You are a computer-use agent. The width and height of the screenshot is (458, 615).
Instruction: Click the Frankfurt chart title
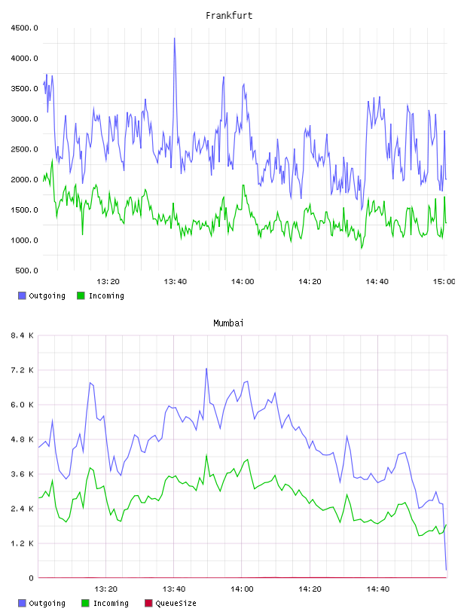click(x=229, y=16)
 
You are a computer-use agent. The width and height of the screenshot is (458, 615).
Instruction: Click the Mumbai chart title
click(x=228, y=323)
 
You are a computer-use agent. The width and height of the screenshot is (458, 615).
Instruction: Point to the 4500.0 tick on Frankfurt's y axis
click(x=24, y=28)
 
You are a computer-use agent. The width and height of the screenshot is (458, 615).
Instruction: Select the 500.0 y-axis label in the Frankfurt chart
click(x=26, y=271)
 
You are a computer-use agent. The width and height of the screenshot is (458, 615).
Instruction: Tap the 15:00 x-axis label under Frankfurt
click(x=444, y=282)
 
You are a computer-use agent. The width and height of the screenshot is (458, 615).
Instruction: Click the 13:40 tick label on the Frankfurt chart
click(x=175, y=282)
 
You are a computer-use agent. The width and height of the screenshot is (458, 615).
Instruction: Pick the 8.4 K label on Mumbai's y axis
click(x=23, y=335)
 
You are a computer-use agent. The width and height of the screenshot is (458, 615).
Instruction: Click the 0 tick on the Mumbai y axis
click(x=31, y=578)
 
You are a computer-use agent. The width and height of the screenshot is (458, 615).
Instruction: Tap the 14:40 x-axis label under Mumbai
click(x=377, y=589)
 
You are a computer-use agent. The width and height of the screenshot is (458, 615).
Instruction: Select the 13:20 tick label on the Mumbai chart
click(x=106, y=589)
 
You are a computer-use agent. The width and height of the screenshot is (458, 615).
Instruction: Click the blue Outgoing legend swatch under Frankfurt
click(x=22, y=295)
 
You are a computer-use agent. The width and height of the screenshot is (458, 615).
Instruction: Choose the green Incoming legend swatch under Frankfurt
click(x=81, y=295)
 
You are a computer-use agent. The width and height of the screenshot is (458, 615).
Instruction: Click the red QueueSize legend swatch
click(x=148, y=603)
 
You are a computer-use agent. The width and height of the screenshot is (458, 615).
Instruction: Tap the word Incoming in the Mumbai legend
click(x=111, y=603)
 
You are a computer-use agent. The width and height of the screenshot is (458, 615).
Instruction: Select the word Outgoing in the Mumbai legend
click(x=47, y=603)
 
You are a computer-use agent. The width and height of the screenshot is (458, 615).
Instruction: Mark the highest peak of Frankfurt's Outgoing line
click(x=175, y=38)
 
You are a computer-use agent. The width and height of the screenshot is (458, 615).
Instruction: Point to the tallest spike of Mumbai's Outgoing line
click(x=206, y=369)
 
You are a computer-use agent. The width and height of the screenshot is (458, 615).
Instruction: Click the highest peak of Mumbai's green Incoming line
click(x=206, y=456)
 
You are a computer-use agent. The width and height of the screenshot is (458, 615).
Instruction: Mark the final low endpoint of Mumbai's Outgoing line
click(x=446, y=569)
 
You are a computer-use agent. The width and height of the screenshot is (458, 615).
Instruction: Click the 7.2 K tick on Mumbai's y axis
click(x=23, y=370)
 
